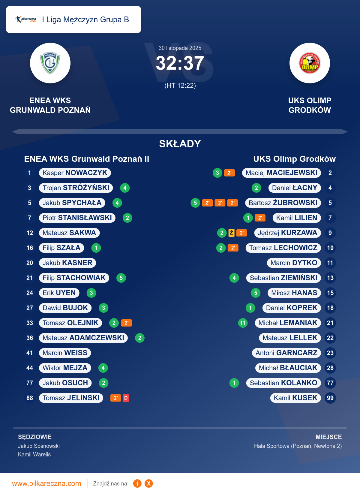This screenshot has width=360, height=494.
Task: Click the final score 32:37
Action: pyautogui.click(x=180, y=63)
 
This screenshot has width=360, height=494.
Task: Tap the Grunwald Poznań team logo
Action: pyautogui.click(x=50, y=63)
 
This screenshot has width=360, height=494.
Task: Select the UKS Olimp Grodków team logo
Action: pyautogui.click(x=310, y=63)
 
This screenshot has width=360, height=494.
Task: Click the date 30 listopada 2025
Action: pyautogui.click(x=180, y=48)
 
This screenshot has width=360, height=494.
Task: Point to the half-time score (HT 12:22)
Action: pyautogui.click(x=180, y=86)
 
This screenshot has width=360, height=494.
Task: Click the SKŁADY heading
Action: pyautogui.click(x=180, y=144)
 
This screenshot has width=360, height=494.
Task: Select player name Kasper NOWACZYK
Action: pyautogui.click(x=75, y=173)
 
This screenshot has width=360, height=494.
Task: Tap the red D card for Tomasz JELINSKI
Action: pyautogui.click(x=126, y=398)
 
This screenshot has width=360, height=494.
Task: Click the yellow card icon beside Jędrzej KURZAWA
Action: pyautogui.click(x=231, y=233)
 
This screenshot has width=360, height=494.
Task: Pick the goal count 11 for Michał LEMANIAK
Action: pyautogui.click(x=243, y=323)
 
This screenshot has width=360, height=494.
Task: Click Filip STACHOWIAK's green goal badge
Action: pyautogui.click(x=121, y=278)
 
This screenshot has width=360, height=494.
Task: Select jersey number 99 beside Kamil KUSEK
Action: pyautogui.click(x=330, y=398)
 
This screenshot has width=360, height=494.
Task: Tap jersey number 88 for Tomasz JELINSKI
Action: pyautogui.click(x=30, y=398)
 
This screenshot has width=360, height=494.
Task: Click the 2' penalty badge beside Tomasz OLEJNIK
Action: pyautogui.click(x=127, y=323)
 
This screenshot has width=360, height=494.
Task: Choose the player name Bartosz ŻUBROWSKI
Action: pyautogui.click(x=283, y=203)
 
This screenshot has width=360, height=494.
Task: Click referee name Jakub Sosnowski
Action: pyautogui.click(x=39, y=446)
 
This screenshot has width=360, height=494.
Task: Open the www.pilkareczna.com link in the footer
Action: pyautogui.click(x=46, y=483)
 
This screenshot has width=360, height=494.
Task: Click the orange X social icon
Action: pyautogui.click(x=149, y=483)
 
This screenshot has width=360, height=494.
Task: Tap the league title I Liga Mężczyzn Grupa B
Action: pyautogui.click(x=85, y=20)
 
